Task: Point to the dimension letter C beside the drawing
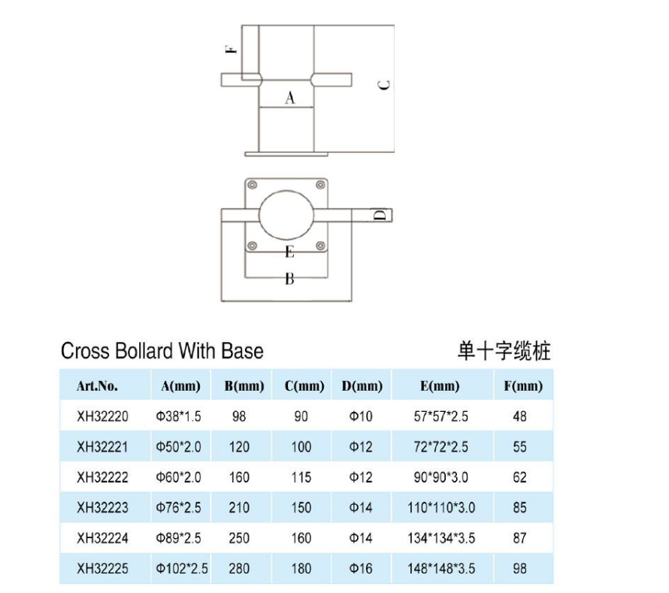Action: click(x=383, y=84)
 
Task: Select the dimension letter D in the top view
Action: click(x=380, y=216)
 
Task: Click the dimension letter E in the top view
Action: click(x=289, y=252)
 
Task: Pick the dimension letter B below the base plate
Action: click(x=289, y=280)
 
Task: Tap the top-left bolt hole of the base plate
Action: click(x=252, y=186)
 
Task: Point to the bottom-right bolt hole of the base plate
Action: click(x=321, y=244)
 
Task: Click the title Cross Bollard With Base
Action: click(x=162, y=351)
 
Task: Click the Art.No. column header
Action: click(x=97, y=387)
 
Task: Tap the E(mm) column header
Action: click(x=440, y=387)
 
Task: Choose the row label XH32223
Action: click(x=102, y=508)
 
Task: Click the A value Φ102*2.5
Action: click(x=181, y=569)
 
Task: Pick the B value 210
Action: click(x=239, y=508)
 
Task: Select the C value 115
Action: click(x=301, y=477)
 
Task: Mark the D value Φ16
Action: click(x=362, y=569)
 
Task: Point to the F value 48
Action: click(x=519, y=416)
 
